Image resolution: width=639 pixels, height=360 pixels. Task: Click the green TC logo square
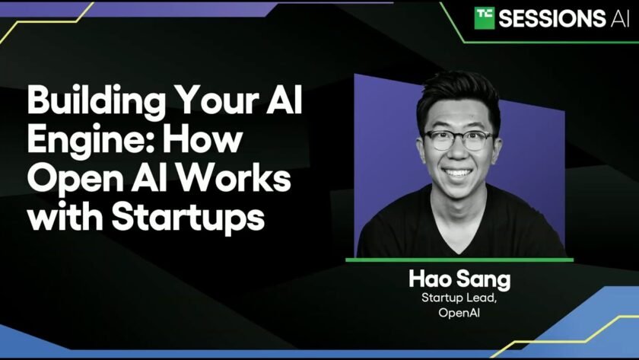click(x=484, y=18)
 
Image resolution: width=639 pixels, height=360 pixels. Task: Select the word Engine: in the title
click(x=92, y=141)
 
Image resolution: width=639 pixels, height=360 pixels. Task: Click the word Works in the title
click(x=233, y=179)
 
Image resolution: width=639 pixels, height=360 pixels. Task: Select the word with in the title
click(x=65, y=217)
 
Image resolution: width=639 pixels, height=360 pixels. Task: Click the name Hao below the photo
click(x=430, y=279)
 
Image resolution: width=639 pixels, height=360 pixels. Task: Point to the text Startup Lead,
click(x=459, y=298)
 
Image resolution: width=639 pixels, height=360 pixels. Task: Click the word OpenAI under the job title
click(x=459, y=313)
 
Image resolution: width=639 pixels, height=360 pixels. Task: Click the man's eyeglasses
click(x=459, y=139)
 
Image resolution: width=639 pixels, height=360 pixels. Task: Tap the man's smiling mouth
click(x=458, y=174)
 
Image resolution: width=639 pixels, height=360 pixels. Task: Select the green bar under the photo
click(x=459, y=260)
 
